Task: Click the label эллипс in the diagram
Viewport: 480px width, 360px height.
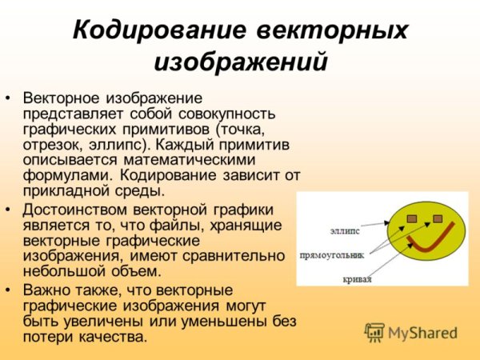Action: [x=344, y=231]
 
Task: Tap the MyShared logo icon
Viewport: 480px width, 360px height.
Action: [x=374, y=333]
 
